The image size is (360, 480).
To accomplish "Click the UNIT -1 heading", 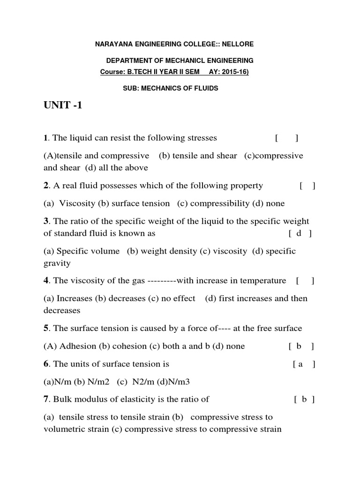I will coord(63,105).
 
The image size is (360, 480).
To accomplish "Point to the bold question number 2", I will coord(46,186).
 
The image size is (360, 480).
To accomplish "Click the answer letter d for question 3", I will coord(299,233).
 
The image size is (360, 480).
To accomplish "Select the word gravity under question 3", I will coord(57,263).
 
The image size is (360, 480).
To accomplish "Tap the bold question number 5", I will coord(46,328).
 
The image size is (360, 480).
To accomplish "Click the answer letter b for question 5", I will coord(299,346).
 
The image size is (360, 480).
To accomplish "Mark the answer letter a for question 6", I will coord(300,364).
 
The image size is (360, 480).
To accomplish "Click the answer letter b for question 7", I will coord(304,399).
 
